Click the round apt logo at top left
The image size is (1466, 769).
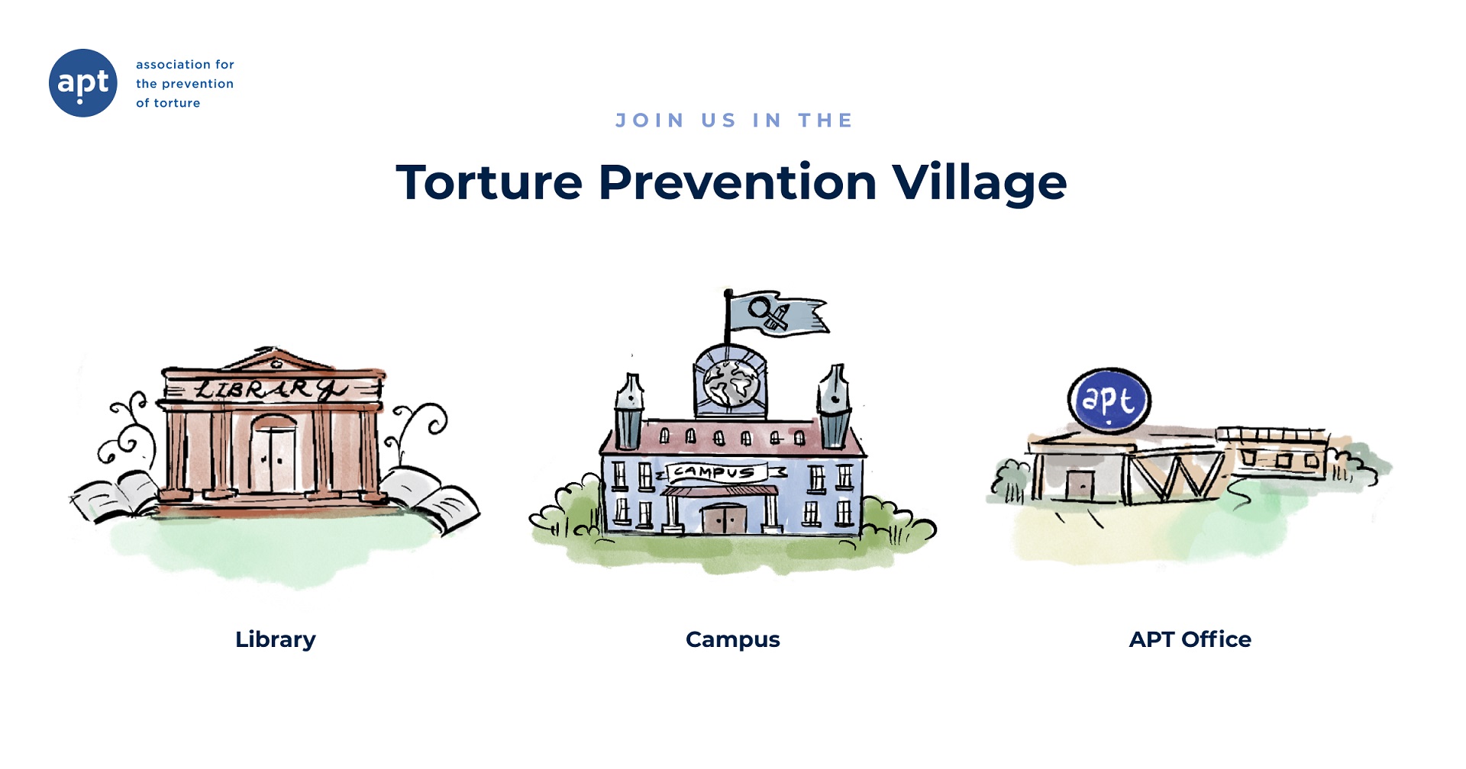click(x=82, y=82)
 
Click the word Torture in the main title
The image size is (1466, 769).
click(x=489, y=183)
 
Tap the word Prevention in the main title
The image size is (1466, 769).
click(x=737, y=183)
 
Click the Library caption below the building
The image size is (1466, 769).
click(x=275, y=639)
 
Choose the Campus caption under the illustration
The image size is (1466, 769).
click(x=732, y=639)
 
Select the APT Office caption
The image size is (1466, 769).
click(x=1190, y=639)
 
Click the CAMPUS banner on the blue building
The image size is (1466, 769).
click(x=716, y=472)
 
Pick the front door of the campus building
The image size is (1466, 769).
click(x=724, y=519)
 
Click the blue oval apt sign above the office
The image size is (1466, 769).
click(x=1109, y=401)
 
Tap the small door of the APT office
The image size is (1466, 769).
click(x=1079, y=485)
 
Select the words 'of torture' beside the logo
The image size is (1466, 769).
click(x=168, y=103)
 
